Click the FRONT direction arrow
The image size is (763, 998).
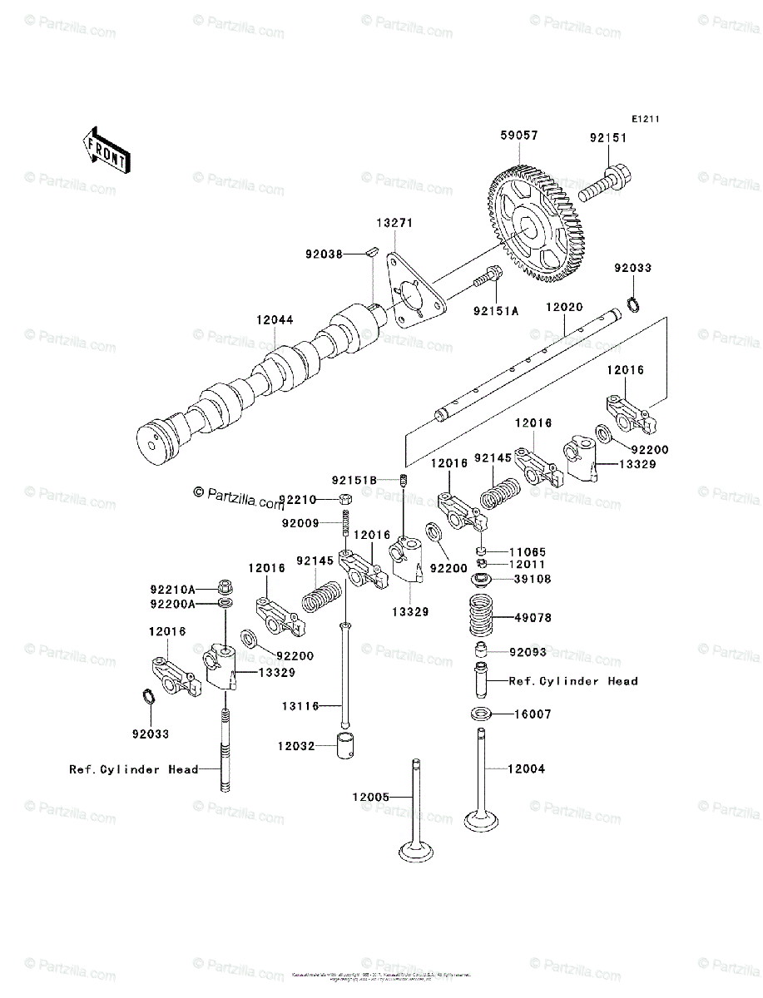[x=105, y=150]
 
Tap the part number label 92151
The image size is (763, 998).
[x=608, y=138]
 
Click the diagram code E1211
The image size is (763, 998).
[x=645, y=120]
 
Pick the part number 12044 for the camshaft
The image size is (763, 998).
[x=275, y=321]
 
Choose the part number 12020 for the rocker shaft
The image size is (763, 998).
[x=565, y=308]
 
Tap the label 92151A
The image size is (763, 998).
[x=496, y=311]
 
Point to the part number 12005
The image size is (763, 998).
[x=370, y=798]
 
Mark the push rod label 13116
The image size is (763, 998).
[x=300, y=706]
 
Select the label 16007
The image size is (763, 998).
[x=532, y=714]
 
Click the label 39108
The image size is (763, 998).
[x=532, y=579]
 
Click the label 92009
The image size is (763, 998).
[x=300, y=523]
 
